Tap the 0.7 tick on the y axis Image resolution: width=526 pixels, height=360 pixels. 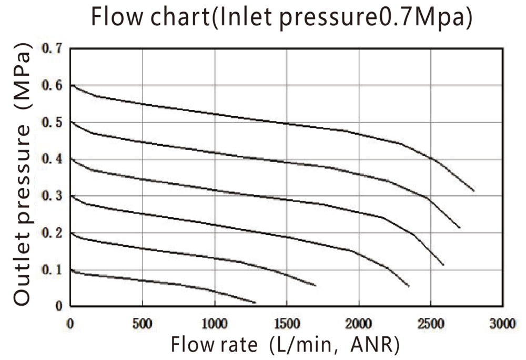(51, 49)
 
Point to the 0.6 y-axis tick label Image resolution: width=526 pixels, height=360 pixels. (51, 86)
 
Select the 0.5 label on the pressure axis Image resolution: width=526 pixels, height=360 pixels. (51, 123)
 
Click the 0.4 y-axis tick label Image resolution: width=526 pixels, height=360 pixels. (51, 159)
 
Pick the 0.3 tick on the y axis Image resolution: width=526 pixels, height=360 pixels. (51, 196)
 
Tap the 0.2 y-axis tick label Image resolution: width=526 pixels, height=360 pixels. (51, 233)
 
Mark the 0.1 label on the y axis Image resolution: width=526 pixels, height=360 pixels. (51, 270)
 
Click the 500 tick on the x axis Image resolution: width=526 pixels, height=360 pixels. (143, 323)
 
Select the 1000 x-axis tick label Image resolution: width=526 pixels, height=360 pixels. (215, 323)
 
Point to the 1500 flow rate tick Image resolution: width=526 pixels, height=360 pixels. (287, 323)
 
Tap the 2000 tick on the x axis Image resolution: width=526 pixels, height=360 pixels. (359, 323)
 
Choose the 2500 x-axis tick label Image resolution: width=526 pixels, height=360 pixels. (431, 323)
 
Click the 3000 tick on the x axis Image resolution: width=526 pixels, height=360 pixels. (503, 323)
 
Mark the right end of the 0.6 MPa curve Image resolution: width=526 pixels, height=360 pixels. (474, 191)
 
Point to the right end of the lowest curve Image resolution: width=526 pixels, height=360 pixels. (255, 303)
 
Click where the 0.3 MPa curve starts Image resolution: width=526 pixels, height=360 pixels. (72, 196)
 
